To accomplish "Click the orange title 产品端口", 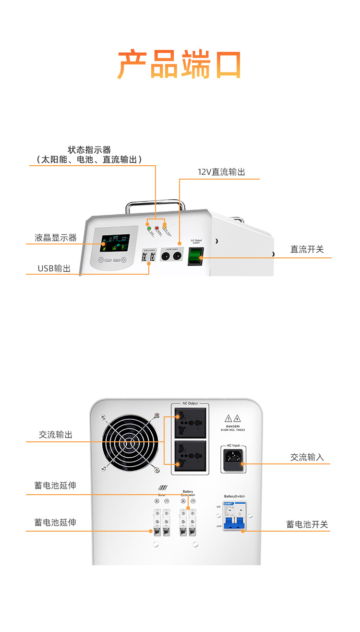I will pyautogui.click(x=179, y=64).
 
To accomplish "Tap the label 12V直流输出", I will pyautogui.click(x=221, y=172).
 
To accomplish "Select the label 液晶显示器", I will pyautogui.click(x=56, y=238).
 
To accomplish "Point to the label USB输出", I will pyautogui.click(x=54, y=268).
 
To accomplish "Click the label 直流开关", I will pyautogui.click(x=307, y=249).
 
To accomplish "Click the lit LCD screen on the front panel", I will pyautogui.click(x=114, y=244).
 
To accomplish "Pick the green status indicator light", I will pyautogui.click(x=149, y=229).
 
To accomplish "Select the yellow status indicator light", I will pyautogui.click(x=164, y=226).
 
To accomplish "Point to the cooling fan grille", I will pyautogui.click(x=130, y=443).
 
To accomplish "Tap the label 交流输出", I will pyautogui.click(x=56, y=435).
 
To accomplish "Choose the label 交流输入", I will pyautogui.click(x=307, y=457).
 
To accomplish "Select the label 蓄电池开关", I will pyautogui.click(x=307, y=524).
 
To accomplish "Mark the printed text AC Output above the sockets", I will pyautogui.click(x=190, y=403).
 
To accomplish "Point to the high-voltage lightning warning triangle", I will pyautogui.click(x=237, y=418).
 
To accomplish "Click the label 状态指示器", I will pyautogui.click(x=89, y=150).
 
